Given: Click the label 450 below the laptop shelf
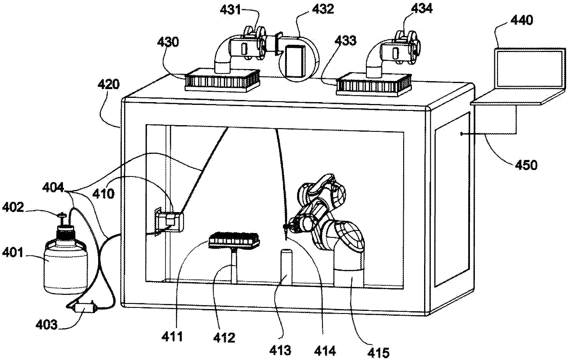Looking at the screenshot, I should [x=526, y=165].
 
